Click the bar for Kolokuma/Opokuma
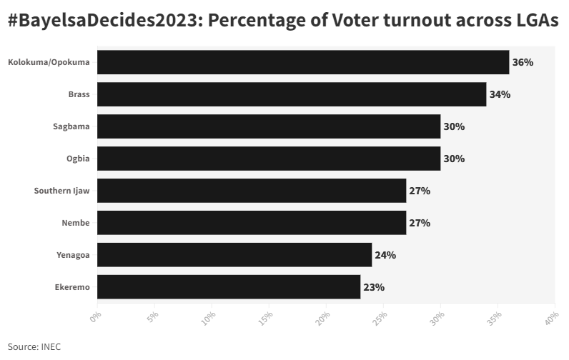[303, 62]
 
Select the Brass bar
[292, 94]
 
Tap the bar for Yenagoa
[234, 255]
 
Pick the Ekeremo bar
[229, 287]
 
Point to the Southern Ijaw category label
[61, 191]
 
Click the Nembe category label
[76, 223]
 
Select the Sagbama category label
[71, 126]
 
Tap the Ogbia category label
[78, 159]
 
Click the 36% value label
[523, 62]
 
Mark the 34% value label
[500, 94]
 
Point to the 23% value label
[374, 287]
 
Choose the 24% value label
[385, 255]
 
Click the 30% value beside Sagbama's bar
[454, 126]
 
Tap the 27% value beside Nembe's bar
[420, 223]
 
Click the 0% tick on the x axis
[96, 316]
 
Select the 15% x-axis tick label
[265, 319]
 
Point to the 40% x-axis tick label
[551, 319]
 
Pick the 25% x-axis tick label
[380, 319]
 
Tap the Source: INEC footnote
[34, 347]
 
